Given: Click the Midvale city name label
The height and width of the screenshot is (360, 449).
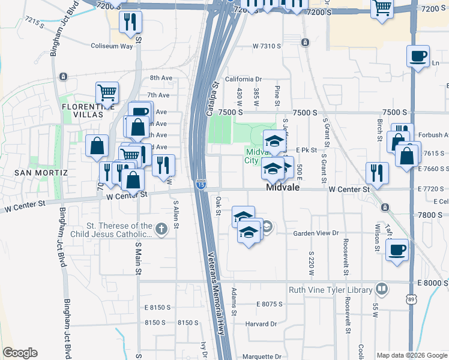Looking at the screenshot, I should tap(283, 188).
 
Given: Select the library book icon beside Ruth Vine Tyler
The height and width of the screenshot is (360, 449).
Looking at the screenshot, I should tap(381, 290).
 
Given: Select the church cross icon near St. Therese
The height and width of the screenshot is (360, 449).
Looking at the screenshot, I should tap(160, 229).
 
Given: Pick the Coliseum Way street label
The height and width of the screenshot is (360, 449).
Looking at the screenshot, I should tap(111, 46).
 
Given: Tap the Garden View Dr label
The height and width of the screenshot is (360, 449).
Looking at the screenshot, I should tap(316, 233).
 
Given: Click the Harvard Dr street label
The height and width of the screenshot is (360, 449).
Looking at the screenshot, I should tap(261, 324).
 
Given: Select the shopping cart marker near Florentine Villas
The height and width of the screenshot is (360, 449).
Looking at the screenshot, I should tap(107, 93).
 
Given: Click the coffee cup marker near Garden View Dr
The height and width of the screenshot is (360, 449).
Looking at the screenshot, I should tap(397, 250).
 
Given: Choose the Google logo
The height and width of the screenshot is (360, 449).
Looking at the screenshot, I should tap(20, 353).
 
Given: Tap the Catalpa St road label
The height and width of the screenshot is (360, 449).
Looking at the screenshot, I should tap(211, 99).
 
